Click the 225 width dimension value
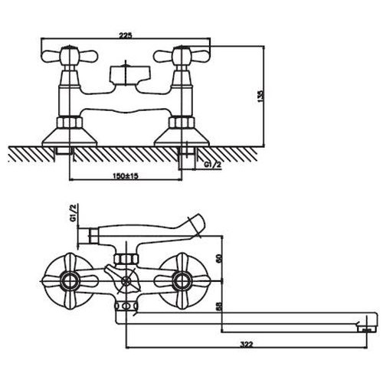click(126, 35)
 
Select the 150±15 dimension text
click(126, 176)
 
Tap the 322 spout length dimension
click(247, 345)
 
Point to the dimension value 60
click(219, 258)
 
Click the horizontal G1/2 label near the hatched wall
click(212, 165)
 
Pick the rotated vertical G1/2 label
click(74, 213)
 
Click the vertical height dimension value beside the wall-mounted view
click(260, 96)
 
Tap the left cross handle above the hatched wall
click(70, 55)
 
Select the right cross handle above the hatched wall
click(182, 55)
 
